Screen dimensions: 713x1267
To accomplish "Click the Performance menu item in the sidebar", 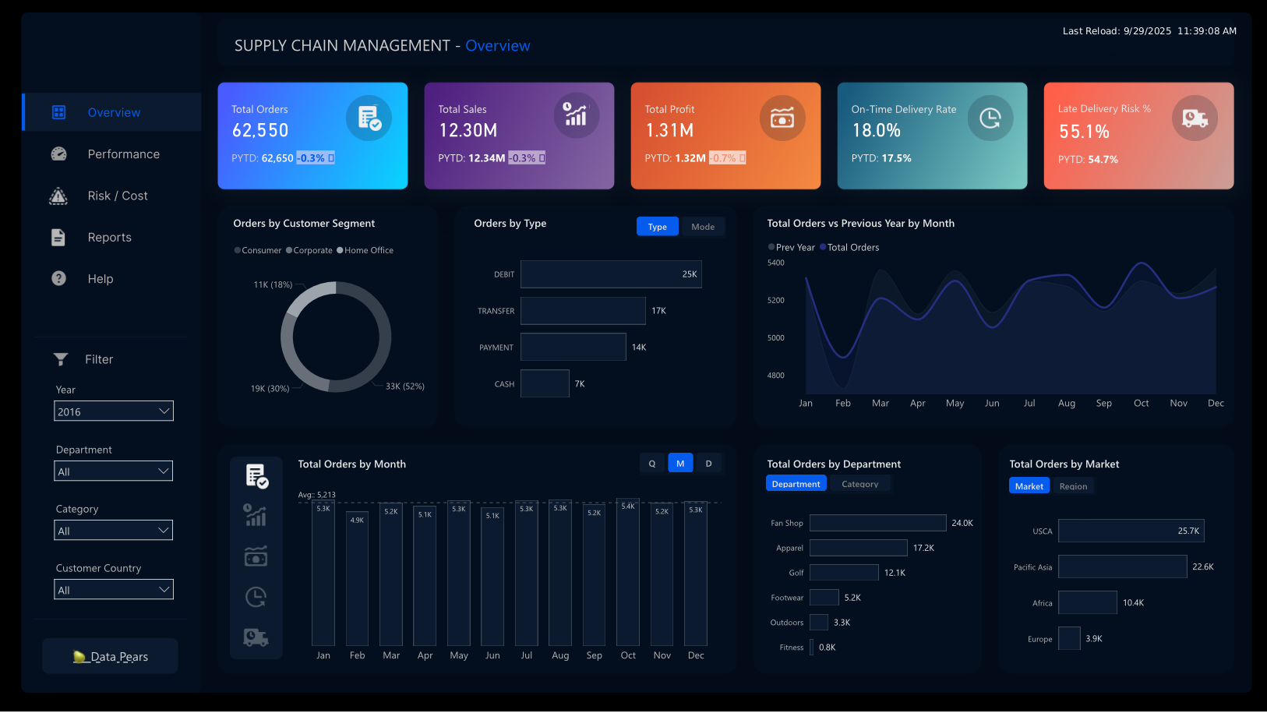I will point(123,154).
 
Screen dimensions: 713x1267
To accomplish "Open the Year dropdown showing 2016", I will point(114,411).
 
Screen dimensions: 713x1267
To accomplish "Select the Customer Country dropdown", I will point(114,590).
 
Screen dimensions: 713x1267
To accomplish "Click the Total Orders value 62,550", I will point(260,131).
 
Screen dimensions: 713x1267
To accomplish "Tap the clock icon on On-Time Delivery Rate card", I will point(990,118).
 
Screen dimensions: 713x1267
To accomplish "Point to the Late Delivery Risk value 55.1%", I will point(1084,132).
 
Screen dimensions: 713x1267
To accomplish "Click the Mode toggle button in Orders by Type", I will point(702,227).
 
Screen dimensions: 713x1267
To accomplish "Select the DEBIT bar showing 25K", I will point(611,274).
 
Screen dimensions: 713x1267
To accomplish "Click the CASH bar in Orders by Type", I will point(545,383).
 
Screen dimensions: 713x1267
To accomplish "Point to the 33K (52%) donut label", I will point(404,387).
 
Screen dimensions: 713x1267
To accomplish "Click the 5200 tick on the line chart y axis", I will point(776,300).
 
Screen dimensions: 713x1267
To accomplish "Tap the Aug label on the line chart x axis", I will point(1066,404).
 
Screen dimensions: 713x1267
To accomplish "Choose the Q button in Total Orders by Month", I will point(652,464).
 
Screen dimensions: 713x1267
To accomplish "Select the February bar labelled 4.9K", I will point(357,577).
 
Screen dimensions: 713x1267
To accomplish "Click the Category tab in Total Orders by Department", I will point(859,484).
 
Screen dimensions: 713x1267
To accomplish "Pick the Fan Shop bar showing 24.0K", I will point(877,523).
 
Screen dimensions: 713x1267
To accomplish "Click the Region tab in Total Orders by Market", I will point(1073,486).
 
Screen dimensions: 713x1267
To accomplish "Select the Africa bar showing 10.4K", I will point(1087,602).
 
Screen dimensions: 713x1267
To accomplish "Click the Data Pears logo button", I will point(111,656).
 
